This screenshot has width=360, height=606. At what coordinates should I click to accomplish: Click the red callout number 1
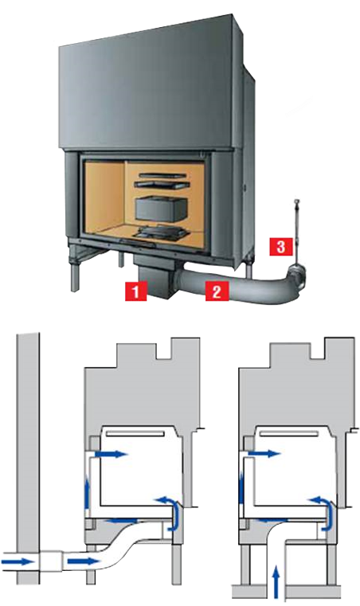pyautogui.click(x=135, y=291)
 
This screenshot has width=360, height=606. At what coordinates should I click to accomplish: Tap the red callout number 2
pyautogui.click(x=217, y=291)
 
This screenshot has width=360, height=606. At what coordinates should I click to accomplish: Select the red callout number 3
pyautogui.click(x=280, y=246)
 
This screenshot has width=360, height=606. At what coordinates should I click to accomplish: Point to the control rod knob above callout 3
pyautogui.click(x=297, y=201)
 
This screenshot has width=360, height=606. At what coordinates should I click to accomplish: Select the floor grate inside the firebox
pyautogui.click(x=160, y=232)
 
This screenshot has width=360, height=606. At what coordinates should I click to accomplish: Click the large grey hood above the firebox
pyautogui.click(x=147, y=83)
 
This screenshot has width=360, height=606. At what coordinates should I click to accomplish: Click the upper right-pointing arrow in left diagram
pyautogui.click(x=111, y=454)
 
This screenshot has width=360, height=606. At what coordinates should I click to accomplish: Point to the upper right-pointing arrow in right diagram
pyautogui.click(x=264, y=453)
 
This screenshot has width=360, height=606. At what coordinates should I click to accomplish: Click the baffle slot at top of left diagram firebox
pyautogui.click(x=135, y=434)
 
